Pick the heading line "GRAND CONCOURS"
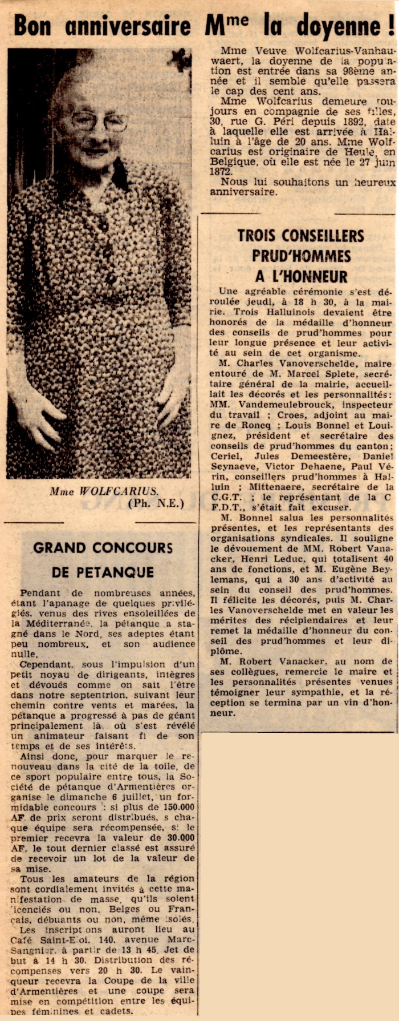point(103,548)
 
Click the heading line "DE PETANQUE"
point(103,572)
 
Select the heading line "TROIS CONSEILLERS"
point(300,235)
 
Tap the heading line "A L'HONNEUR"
point(301,277)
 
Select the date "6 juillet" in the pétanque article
point(136,797)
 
